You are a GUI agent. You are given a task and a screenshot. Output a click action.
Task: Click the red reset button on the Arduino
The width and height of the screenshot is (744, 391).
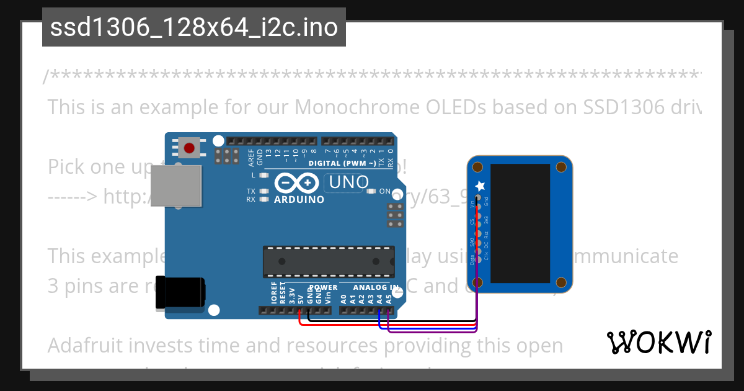(x=189, y=147)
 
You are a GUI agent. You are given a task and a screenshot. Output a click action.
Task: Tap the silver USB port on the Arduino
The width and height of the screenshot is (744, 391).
(x=176, y=186)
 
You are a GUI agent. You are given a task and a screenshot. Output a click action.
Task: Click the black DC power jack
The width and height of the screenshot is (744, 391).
(x=180, y=292)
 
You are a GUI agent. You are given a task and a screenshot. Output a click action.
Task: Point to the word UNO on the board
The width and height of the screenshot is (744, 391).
(x=348, y=182)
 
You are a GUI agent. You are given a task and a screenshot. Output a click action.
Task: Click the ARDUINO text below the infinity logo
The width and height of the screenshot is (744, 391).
(x=299, y=200)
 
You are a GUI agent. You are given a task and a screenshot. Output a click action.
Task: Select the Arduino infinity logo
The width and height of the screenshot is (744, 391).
(x=298, y=184)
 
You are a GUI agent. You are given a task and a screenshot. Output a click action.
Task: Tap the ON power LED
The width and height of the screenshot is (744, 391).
(x=372, y=191)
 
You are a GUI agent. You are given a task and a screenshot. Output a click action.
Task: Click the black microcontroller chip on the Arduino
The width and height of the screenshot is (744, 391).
(x=328, y=261)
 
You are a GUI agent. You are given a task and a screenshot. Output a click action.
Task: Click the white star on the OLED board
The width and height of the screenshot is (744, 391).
(x=479, y=186)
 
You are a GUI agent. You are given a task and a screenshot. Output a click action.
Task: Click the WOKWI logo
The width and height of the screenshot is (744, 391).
(x=658, y=342)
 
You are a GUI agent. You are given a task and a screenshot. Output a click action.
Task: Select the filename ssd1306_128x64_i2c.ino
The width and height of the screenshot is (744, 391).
(x=194, y=28)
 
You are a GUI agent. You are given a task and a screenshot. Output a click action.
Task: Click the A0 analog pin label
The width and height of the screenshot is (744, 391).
(x=343, y=299)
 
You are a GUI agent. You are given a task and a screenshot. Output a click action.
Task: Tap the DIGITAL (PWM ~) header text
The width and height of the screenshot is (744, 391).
(x=342, y=163)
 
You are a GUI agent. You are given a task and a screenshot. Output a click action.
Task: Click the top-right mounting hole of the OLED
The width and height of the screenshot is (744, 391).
(x=561, y=167)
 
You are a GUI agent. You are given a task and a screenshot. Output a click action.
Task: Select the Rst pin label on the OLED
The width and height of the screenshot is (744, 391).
(x=486, y=235)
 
